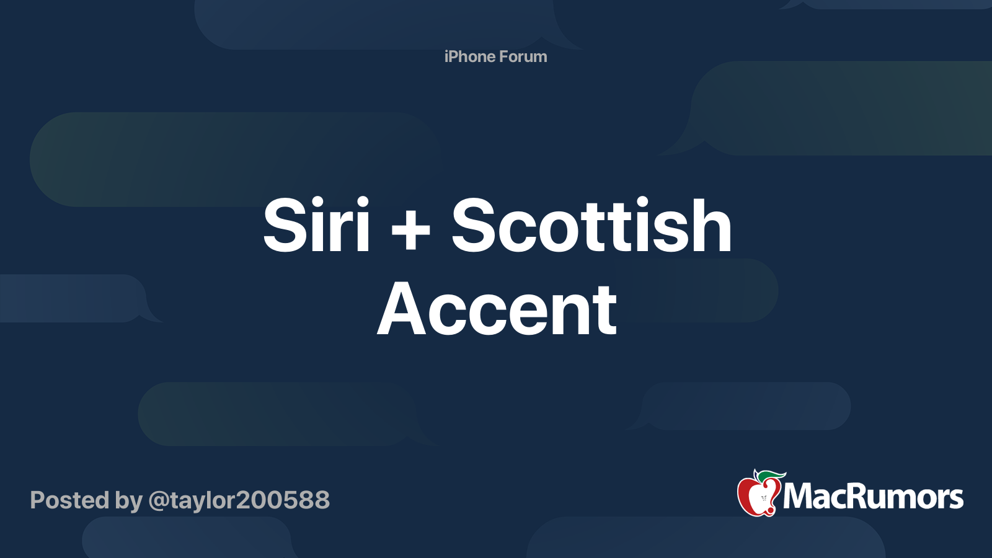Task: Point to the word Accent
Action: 497,309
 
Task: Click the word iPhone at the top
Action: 469,56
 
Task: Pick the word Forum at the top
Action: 523,56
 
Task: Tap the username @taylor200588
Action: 239,500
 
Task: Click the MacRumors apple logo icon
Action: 758,494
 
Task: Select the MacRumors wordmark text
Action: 873,497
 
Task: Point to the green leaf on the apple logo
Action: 773,476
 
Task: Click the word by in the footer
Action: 128,501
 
